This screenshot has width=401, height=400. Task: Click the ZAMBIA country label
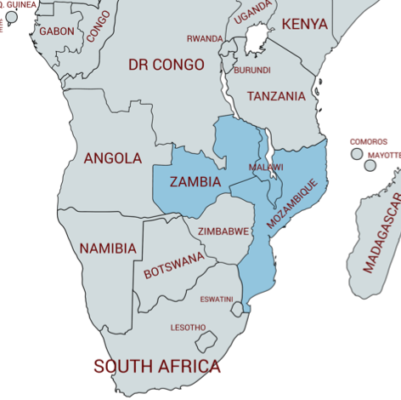(x=195, y=182)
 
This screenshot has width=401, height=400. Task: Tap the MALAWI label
(x=266, y=168)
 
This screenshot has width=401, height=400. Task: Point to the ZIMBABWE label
(x=223, y=231)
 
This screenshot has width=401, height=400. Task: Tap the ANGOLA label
(x=113, y=158)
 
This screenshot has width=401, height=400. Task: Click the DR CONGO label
(x=167, y=65)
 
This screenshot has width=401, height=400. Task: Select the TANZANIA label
(x=276, y=96)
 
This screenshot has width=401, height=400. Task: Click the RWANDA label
(x=205, y=38)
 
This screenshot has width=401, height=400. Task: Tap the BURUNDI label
(x=252, y=70)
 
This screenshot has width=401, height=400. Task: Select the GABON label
(x=57, y=31)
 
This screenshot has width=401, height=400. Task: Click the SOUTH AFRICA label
(x=157, y=367)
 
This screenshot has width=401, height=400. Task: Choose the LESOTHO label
(x=188, y=328)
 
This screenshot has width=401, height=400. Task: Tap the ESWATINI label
(x=217, y=300)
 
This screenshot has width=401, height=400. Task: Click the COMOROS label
(x=369, y=142)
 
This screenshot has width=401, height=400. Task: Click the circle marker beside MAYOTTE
(x=370, y=165)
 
